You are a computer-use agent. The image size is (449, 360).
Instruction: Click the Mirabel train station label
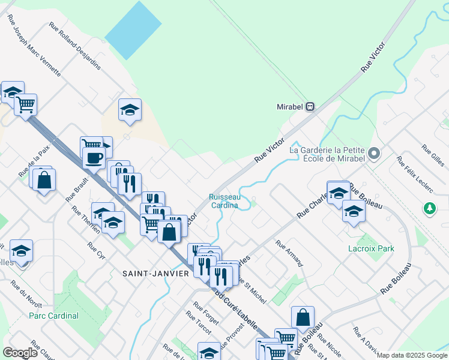pyautogui.click(x=290, y=107)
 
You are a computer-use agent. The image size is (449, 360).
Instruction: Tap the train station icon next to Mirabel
pyautogui.click(x=310, y=107)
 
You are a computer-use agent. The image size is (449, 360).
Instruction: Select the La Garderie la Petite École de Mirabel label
pyautogui.click(x=327, y=154)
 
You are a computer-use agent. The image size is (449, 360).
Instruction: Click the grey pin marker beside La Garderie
pyautogui.click(x=374, y=154)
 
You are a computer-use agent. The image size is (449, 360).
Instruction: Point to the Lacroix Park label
pyautogui.click(x=372, y=248)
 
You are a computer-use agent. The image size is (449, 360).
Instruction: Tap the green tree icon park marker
pyautogui.click(x=429, y=208)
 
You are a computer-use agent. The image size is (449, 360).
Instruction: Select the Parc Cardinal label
pyautogui.click(x=53, y=316)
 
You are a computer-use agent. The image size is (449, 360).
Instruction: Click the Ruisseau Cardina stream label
pyautogui.click(x=224, y=200)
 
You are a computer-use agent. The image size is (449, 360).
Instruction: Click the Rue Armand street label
pyautogui.click(x=289, y=253)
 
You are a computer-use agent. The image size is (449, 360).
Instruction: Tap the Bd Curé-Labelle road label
pyautogui.click(x=237, y=311)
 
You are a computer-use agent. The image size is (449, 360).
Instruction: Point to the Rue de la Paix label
pyautogui.click(x=34, y=162)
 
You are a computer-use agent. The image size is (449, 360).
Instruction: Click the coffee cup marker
pyautogui.click(x=94, y=158)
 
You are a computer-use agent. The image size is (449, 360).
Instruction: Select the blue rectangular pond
pyautogui.click(x=133, y=30)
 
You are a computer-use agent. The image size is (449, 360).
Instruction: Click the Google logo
pyautogui.click(x=20, y=353)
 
